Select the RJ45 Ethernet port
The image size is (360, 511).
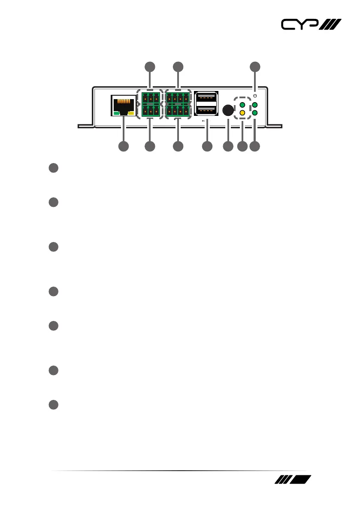click(x=123, y=106)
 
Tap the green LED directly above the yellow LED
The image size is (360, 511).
click(x=242, y=105)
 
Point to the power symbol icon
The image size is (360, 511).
click(x=255, y=95)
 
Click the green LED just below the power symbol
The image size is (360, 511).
click(x=255, y=105)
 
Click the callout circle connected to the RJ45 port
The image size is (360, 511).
click(x=123, y=146)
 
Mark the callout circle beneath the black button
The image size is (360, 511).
click(x=228, y=146)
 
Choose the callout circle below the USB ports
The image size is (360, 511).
click(x=207, y=146)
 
